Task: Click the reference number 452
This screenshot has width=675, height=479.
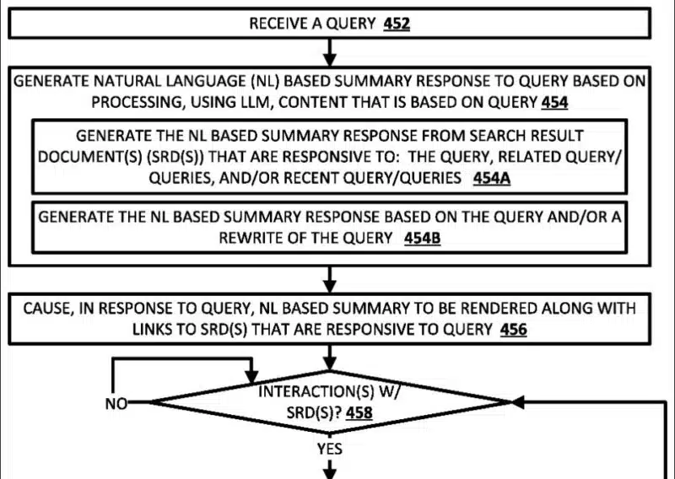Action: pos(397,24)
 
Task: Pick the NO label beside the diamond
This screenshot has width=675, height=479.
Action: pos(116,404)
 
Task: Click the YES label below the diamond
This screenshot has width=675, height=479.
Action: pos(330,449)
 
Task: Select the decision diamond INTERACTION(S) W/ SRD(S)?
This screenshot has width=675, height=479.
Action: pos(329,403)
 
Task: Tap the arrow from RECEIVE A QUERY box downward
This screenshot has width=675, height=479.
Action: pos(330,53)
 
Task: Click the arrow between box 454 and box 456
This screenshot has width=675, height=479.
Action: pos(330,277)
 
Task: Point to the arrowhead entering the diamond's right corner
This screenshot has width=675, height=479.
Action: pos(516,403)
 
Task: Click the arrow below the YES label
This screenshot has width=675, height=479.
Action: pos(330,468)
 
